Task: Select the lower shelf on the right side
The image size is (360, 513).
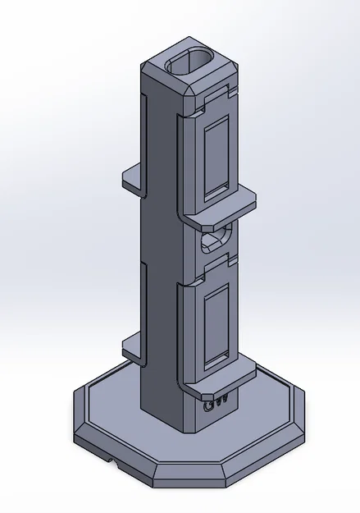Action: [220, 376]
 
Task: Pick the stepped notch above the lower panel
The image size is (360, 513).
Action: [218, 268]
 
